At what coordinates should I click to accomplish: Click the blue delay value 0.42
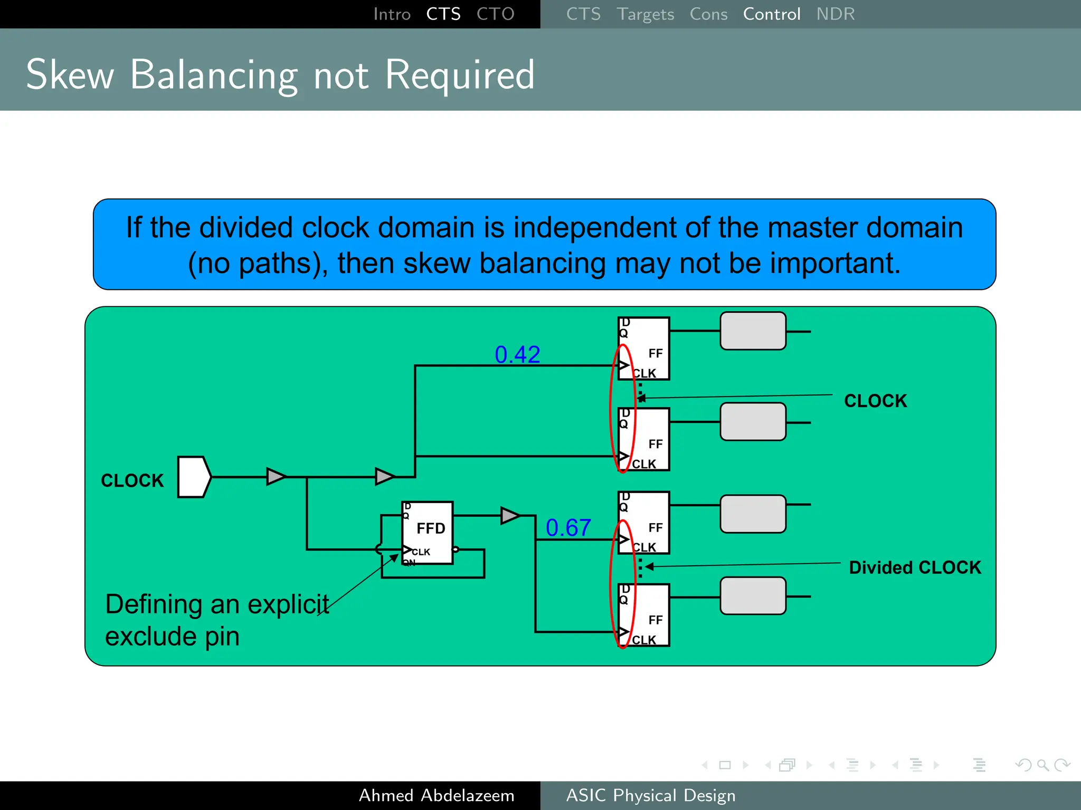pyautogui.click(x=517, y=354)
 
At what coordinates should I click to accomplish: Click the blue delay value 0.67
pyautogui.click(x=568, y=527)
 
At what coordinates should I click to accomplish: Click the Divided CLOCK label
pyautogui.click(x=914, y=567)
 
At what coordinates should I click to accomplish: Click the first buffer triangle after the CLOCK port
pyautogui.click(x=275, y=476)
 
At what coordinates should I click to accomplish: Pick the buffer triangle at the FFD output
pyautogui.click(x=509, y=515)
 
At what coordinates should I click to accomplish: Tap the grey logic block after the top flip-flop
pyautogui.click(x=753, y=331)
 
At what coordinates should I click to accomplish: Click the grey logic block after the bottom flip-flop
pyautogui.click(x=753, y=596)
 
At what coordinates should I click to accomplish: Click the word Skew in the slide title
pyautogui.click(x=70, y=75)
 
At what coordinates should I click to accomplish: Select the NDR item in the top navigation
pyautogui.click(x=835, y=14)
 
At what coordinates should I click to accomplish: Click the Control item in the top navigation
pyautogui.click(x=771, y=14)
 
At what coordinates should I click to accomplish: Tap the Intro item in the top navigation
pyautogui.click(x=392, y=14)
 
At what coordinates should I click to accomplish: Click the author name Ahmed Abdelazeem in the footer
pyautogui.click(x=437, y=795)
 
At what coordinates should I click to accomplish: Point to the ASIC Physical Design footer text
pyautogui.click(x=650, y=795)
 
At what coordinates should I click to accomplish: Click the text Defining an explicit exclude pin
pyautogui.click(x=216, y=620)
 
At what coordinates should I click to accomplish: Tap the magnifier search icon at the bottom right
pyautogui.click(x=1042, y=765)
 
